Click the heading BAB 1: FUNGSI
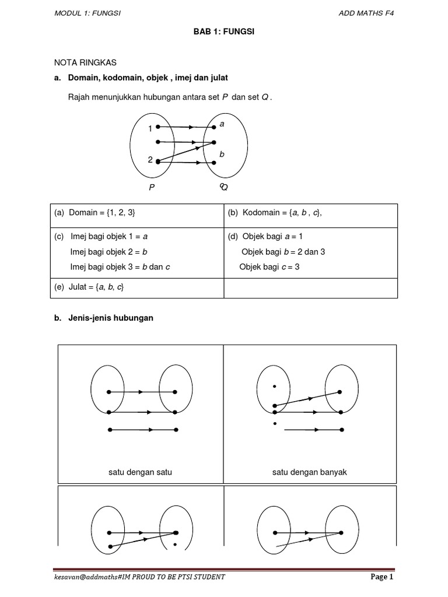(223, 32)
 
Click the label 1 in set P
(150, 128)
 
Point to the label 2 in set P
(150, 160)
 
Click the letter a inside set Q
(222, 124)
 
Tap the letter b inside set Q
(222, 154)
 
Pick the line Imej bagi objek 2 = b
(108, 252)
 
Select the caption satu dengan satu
(140, 472)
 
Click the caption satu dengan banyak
(309, 472)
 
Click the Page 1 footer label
(382, 578)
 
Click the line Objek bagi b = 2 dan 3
(283, 252)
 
